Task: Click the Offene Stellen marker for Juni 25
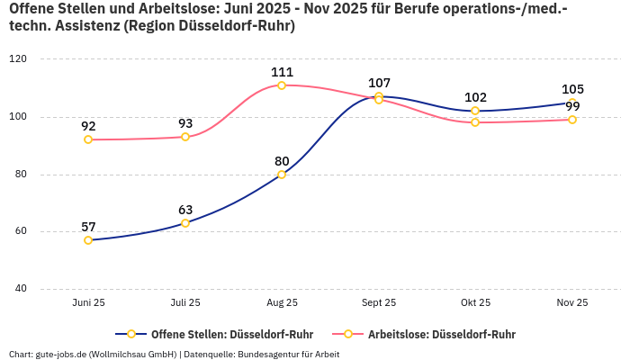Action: [88, 240]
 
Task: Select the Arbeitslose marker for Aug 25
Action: [282, 85]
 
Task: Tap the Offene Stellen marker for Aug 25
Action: [282, 175]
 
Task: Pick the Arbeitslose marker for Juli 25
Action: [185, 137]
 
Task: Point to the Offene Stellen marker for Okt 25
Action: [475, 111]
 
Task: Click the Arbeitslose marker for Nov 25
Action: [572, 120]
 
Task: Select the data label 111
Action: [282, 72]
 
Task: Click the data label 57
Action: [88, 227]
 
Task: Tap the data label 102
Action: [475, 97]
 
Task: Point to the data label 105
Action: [572, 89]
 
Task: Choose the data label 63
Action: [185, 210]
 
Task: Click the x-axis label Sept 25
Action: [379, 303]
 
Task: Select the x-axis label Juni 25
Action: [88, 303]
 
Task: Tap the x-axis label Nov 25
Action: [572, 303]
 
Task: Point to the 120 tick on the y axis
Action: [18, 58]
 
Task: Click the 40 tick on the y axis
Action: [21, 289]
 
